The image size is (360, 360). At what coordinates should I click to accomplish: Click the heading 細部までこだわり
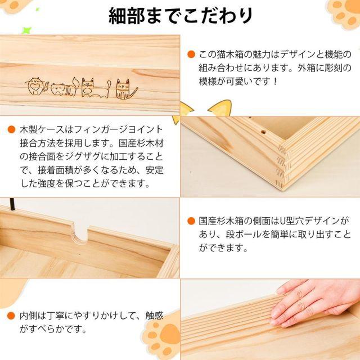181,16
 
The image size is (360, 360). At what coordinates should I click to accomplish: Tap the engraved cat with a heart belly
35,86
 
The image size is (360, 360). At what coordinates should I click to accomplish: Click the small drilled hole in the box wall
264,132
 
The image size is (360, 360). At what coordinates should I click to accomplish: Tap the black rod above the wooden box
12,204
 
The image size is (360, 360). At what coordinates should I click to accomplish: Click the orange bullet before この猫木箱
191,55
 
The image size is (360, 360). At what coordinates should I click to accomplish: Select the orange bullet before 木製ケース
11,129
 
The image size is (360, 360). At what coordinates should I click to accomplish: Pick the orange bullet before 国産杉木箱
191,221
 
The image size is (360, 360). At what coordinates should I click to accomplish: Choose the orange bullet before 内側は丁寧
11,316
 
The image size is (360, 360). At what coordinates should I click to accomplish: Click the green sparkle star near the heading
26,30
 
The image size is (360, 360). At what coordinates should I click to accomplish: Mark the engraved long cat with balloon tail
95,88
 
